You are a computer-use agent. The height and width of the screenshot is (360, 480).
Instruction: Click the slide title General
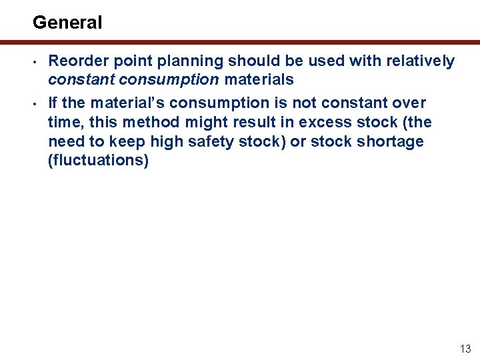pyautogui.click(x=67, y=23)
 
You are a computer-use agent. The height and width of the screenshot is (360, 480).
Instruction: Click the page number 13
pyautogui.click(x=465, y=349)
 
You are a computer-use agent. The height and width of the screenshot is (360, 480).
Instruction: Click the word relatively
pyautogui.click(x=419, y=61)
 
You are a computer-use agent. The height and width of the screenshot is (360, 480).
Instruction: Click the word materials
pyautogui.click(x=259, y=80)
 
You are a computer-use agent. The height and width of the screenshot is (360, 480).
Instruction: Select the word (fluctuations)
pyautogui.click(x=98, y=161)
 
